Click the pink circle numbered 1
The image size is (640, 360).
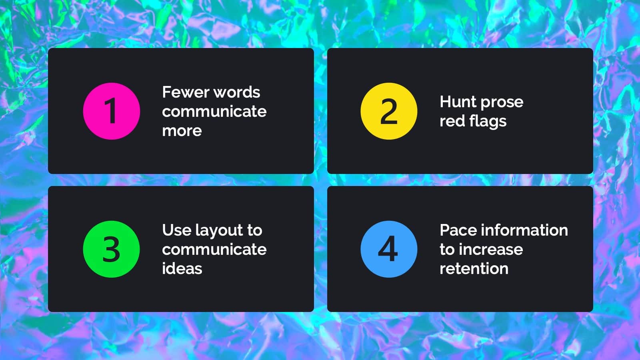click(x=112, y=111)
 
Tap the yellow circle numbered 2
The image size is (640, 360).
click(x=389, y=111)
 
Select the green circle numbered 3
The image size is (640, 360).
click(x=112, y=249)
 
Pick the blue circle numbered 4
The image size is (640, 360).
click(x=389, y=249)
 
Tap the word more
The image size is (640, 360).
click(x=182, y=131)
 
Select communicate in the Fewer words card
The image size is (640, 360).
click(x=214, y=112)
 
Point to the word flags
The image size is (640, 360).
click(x=488, y=122)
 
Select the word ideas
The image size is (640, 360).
click(x=182, y=269)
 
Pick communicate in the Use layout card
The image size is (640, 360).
click(x=214, y=250)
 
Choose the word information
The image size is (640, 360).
click(x=524, y=230)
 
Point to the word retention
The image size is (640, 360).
click(x=474, y=269)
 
